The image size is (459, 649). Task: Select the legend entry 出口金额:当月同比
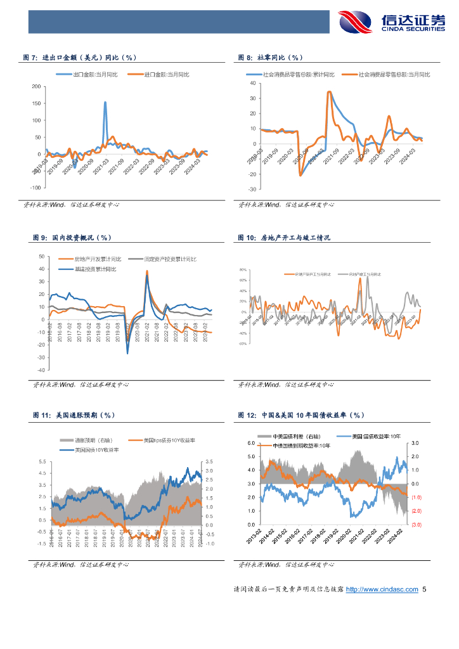point(94,74)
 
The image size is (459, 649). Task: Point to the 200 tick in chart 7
point(36,86)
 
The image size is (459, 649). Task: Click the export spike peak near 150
point(105,102)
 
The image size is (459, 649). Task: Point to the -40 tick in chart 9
point(41,370)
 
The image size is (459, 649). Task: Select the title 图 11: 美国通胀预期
point(73,416)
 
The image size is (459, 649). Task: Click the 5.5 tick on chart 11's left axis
point(42,461)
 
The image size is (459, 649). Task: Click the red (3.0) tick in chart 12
point(417,525)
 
